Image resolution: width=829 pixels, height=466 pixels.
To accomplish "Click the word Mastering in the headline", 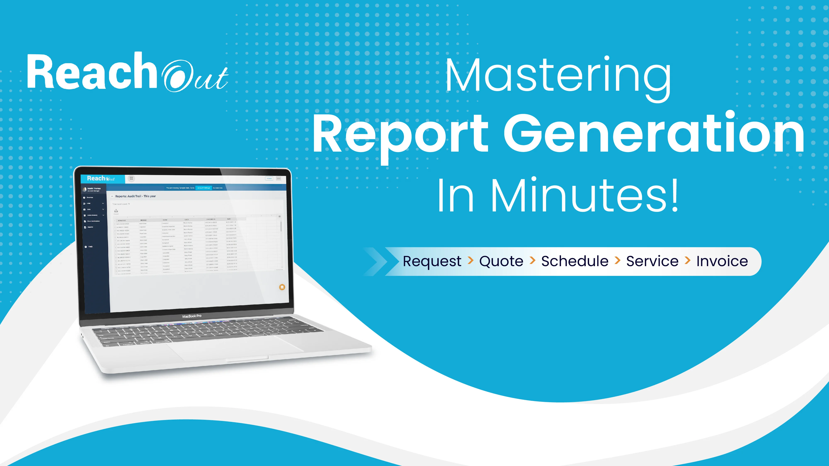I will (x=558, y=77).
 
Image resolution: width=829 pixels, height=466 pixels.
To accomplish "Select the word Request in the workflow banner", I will (x=432, y=261).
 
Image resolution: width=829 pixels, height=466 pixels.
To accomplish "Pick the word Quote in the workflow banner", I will (x=501, y=261).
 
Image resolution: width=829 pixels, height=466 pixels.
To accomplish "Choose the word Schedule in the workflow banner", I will (x=575, y=261).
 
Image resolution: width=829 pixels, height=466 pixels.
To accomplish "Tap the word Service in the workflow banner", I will (x=652, y=261).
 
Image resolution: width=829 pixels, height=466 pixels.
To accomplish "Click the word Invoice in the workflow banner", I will (x=722, y=261).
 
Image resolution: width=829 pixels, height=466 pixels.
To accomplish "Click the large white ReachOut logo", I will (x=127, y=72).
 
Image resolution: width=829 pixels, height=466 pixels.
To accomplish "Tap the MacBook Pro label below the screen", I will (x=192, y=316).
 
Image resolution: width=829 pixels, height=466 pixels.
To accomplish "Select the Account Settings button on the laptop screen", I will (x=204, y=188).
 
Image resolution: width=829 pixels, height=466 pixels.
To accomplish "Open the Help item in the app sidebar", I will (x=90, y=247).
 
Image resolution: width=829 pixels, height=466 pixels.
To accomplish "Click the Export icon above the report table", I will (x=116, y=211).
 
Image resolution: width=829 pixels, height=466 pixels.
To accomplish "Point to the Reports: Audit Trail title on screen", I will (x=136, y=196).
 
